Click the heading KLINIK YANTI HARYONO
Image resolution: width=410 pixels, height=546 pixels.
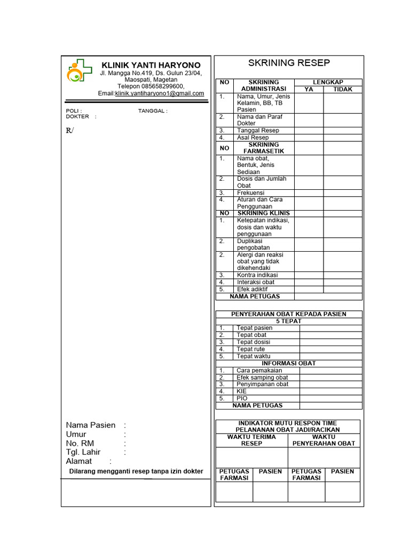(x=151, y=65)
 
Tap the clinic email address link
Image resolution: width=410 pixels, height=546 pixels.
(x=160, y=93)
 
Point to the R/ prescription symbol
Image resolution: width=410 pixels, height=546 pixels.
(x=69, y=131)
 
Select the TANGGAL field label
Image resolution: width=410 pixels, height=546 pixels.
(x=152, y=111)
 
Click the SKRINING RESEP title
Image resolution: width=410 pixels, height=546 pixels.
(x=289, y=63)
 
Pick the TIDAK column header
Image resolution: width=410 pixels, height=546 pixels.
(x=343, y=89)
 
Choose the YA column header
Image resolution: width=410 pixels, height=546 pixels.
(x=309, y=89)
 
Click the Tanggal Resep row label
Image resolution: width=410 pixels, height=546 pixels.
(x=258, y=130)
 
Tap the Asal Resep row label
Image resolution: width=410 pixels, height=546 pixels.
(x=253, y=138)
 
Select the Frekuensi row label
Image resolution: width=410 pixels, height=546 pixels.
(x=251, y=192)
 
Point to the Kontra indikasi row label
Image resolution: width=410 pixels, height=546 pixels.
(x=257, y=275)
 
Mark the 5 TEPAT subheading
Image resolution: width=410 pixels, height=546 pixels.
(x=288, y=321)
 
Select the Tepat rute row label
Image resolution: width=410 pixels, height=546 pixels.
(x=250, y=349)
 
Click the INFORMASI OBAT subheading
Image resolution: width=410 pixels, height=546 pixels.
(x=288, y=363)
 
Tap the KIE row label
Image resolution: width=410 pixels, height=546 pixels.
(x=241, y=391)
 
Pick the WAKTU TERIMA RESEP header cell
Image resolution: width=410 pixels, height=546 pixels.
(x=251, y=440)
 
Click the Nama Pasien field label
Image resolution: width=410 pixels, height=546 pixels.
(x=91, y=425)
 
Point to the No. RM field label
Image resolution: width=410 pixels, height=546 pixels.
(x=80, y=443)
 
